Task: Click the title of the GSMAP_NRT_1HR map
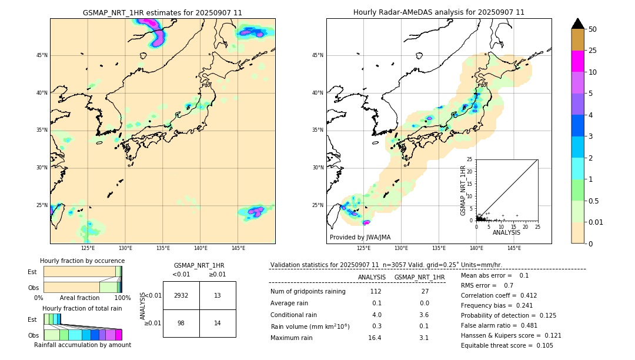(x=162, y=12)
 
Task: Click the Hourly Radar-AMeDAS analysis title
(x=439, y=12)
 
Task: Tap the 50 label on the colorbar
(x=593, y=29)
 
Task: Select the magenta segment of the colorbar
(x=577, y=61)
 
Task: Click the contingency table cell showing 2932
(x=181, y=295)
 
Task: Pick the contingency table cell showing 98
(x=181, y=323)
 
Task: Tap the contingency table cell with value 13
(x=218, y=295)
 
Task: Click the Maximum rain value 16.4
(x=375, y=338)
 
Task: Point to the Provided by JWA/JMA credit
(x=360, y=237)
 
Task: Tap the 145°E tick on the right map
(x=514, y=248)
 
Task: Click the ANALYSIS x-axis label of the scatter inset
(x=506, y=232)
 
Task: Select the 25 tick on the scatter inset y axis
(x=470, y=159)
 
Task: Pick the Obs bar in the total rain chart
(x=82, y=335)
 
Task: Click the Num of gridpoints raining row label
(x=308, y=291)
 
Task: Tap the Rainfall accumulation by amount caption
(x=82, y=345)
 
